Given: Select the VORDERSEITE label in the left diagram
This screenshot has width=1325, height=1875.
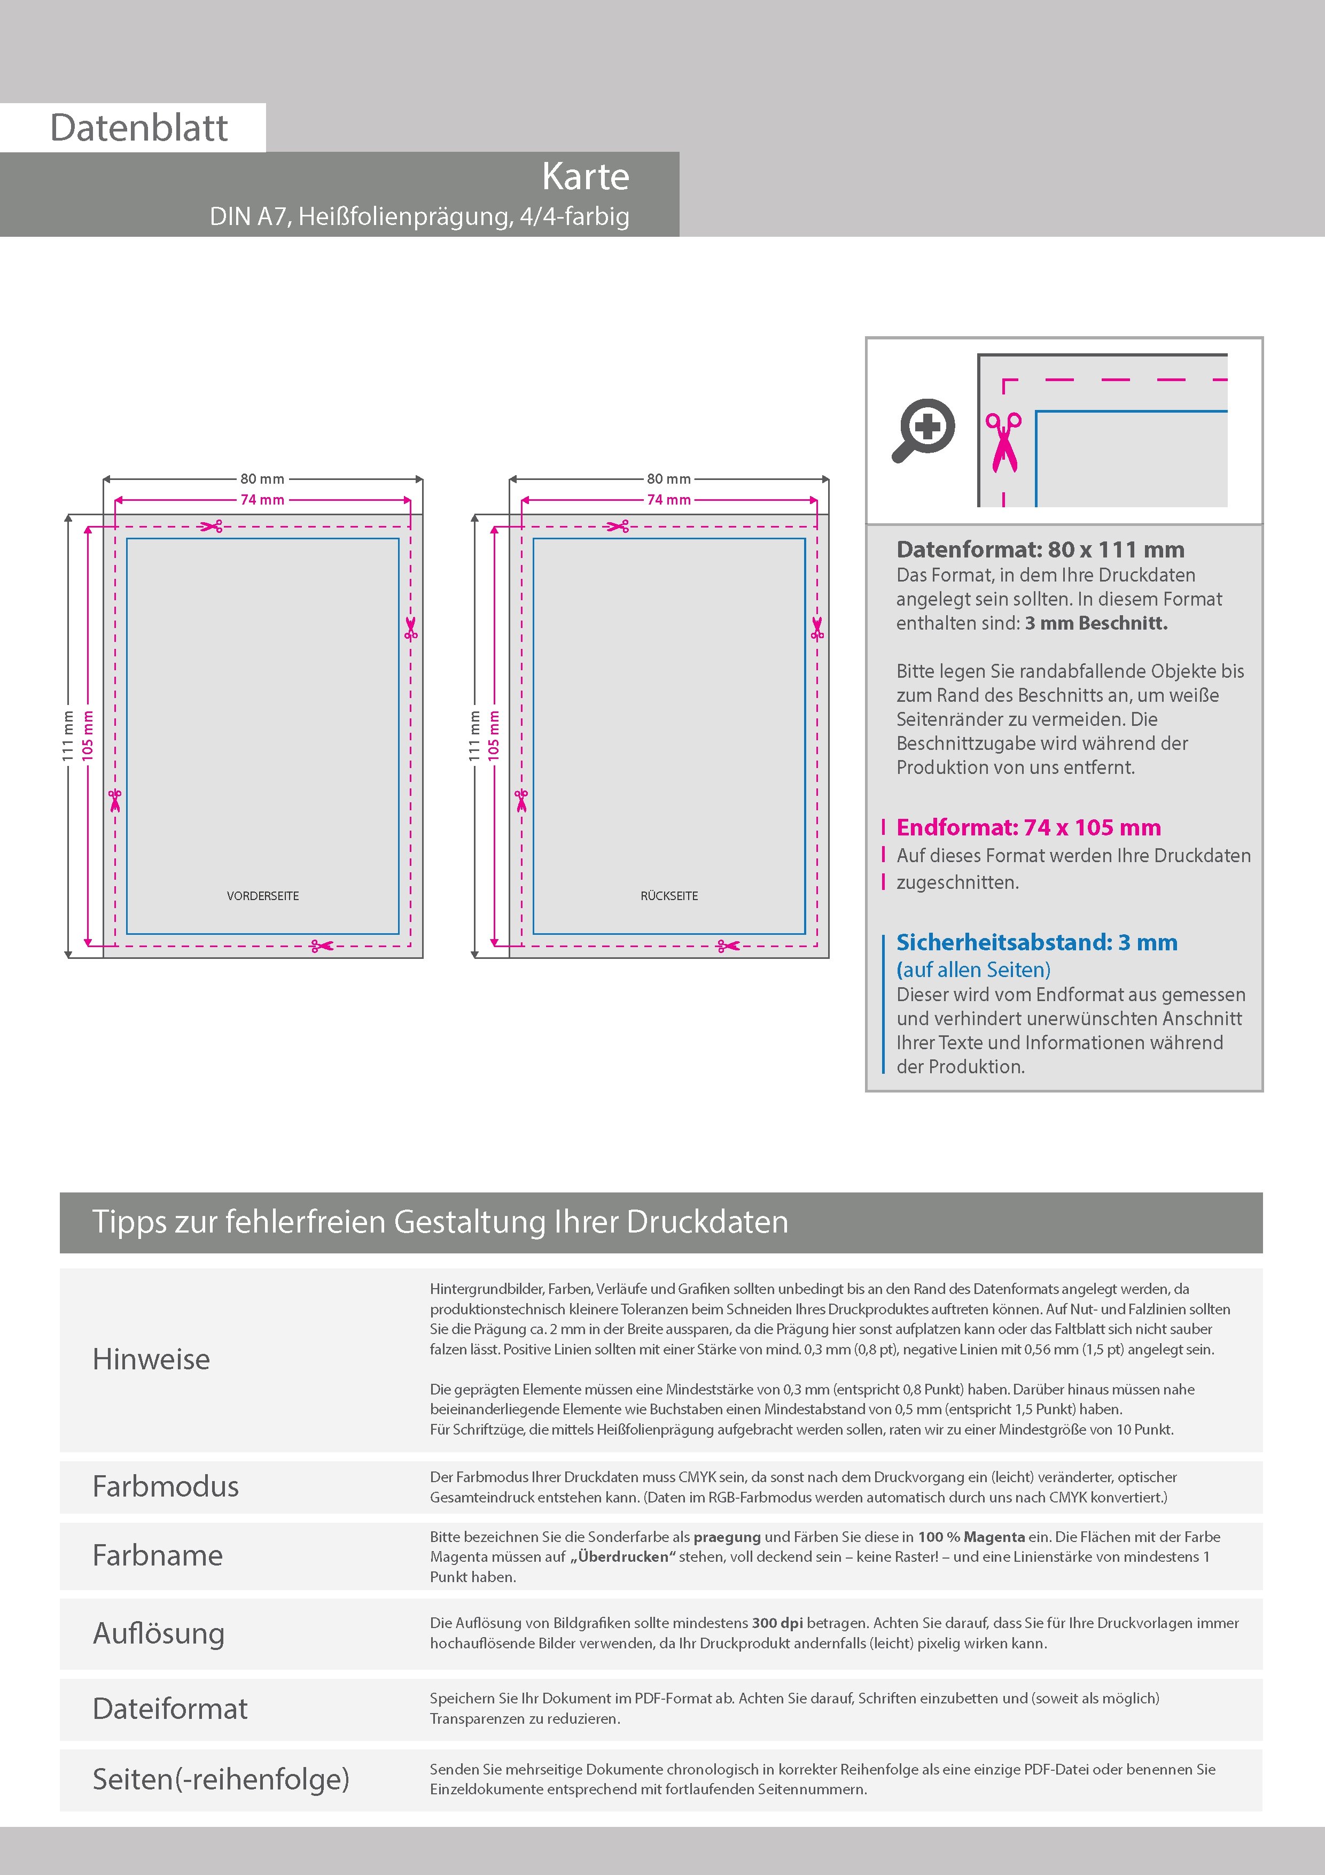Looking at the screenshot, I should click(x=263, y=896).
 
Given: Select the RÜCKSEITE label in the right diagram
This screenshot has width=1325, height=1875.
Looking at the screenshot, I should click(x=669, y=896).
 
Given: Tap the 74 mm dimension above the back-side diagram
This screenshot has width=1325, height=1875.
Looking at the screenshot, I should click(x=668, y=500).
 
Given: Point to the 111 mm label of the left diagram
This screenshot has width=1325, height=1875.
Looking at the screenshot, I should click(x=68, y=736).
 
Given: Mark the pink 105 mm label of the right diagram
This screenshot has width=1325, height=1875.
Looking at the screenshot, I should click(x=494, y=736).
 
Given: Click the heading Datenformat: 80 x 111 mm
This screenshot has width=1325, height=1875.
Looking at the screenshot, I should click(x=1040, y=549).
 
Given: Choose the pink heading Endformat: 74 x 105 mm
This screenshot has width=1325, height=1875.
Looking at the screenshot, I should click(x=1028, y=827).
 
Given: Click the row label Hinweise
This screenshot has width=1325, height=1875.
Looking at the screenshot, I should click(x=151, y=1359).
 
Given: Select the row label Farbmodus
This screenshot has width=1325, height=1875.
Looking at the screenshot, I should click(x=166, y=1486).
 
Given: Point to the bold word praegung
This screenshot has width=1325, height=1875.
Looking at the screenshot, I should click(x=727, y=1537).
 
